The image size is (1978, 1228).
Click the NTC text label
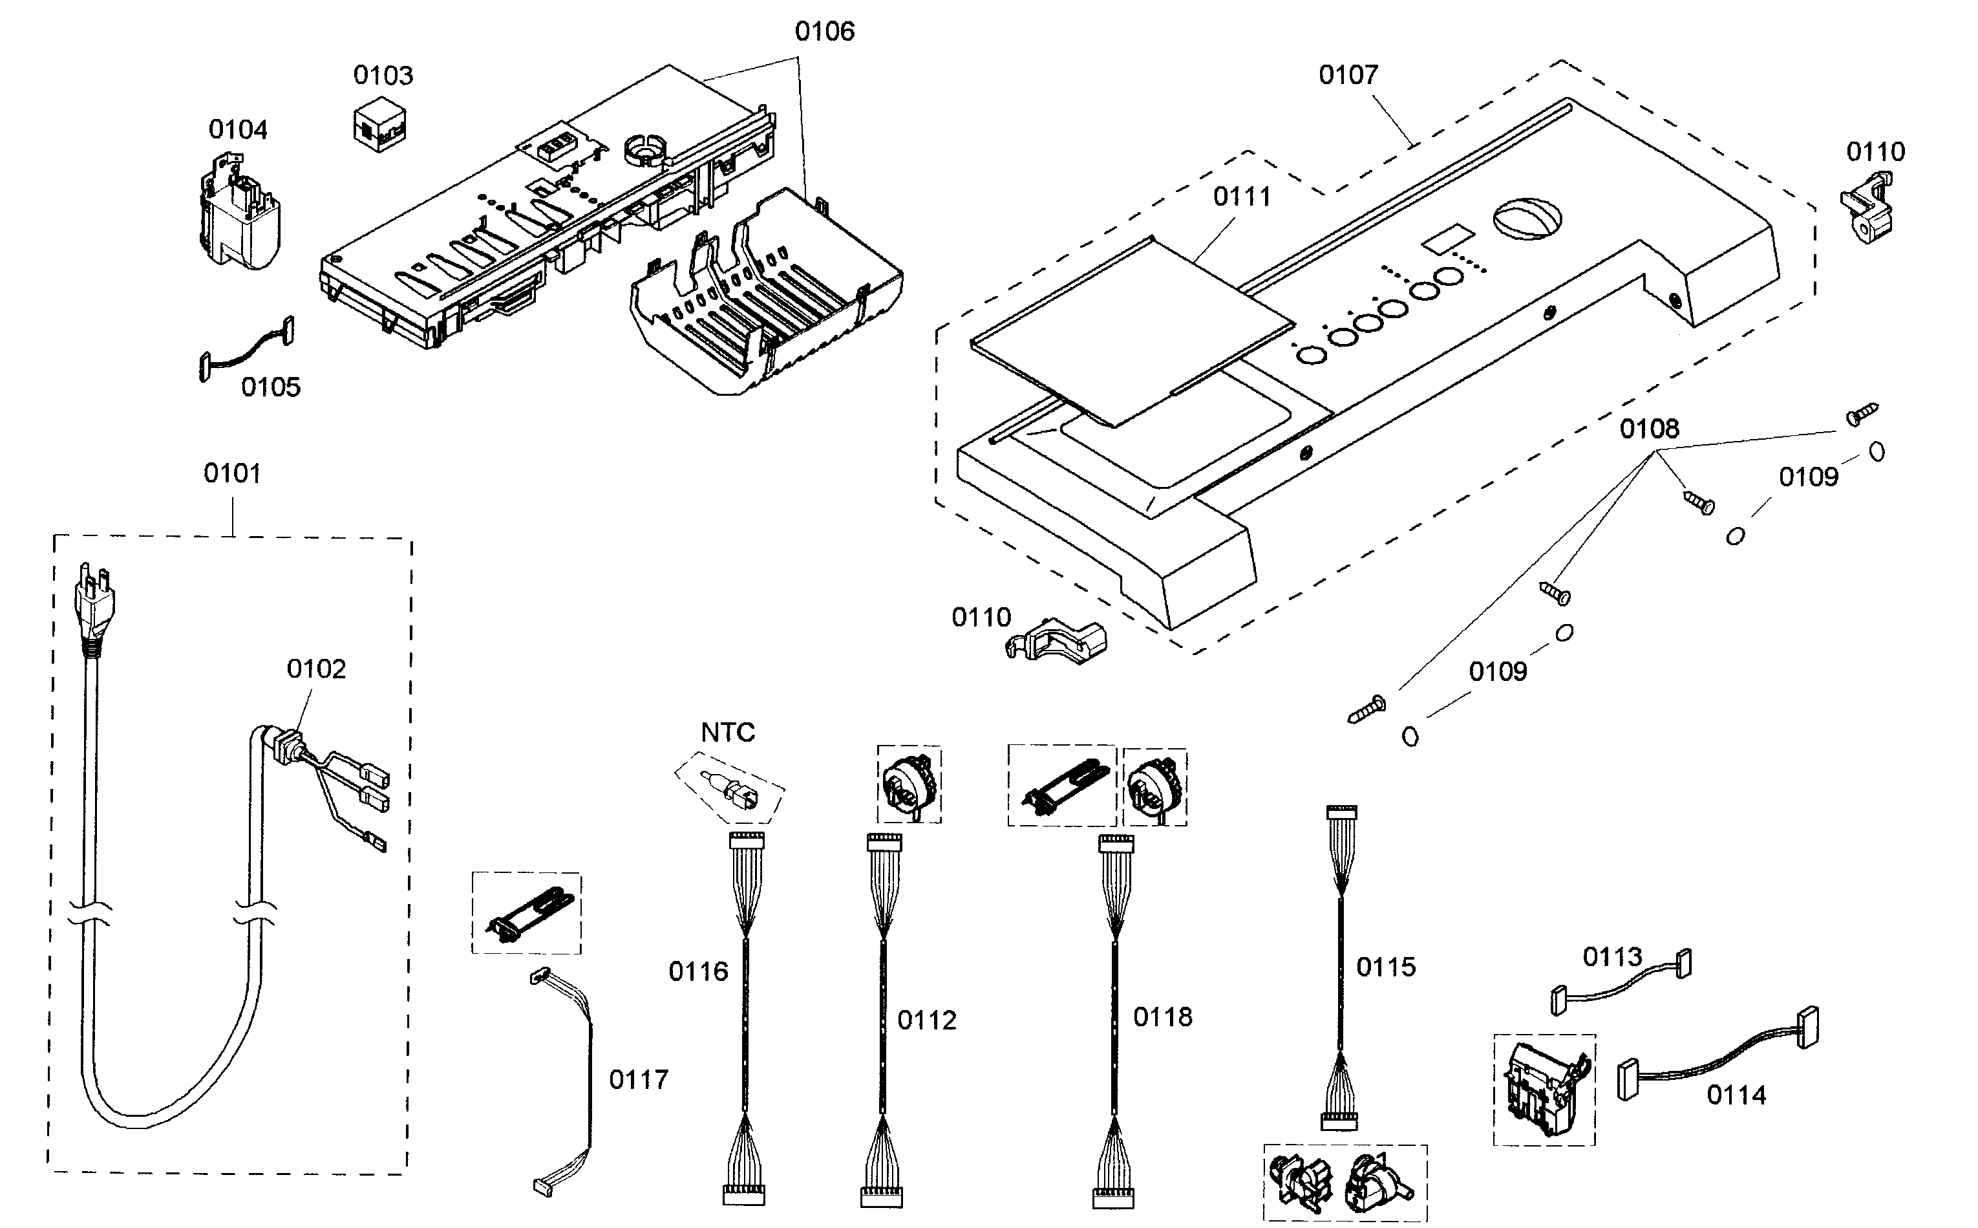tap(727, 733)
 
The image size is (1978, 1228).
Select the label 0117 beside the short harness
tap(638, 1079)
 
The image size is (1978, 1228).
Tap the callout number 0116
tap(698, 971)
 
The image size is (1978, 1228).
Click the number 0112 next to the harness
tap(926, 1020)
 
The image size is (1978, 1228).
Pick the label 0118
tap(1162, 1017)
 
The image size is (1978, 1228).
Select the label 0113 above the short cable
tap(1612, 958)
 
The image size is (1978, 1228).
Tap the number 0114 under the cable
tap(1736, 1095)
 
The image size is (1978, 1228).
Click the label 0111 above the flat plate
tap(1242, 197)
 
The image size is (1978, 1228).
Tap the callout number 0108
tap(1649, 429)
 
